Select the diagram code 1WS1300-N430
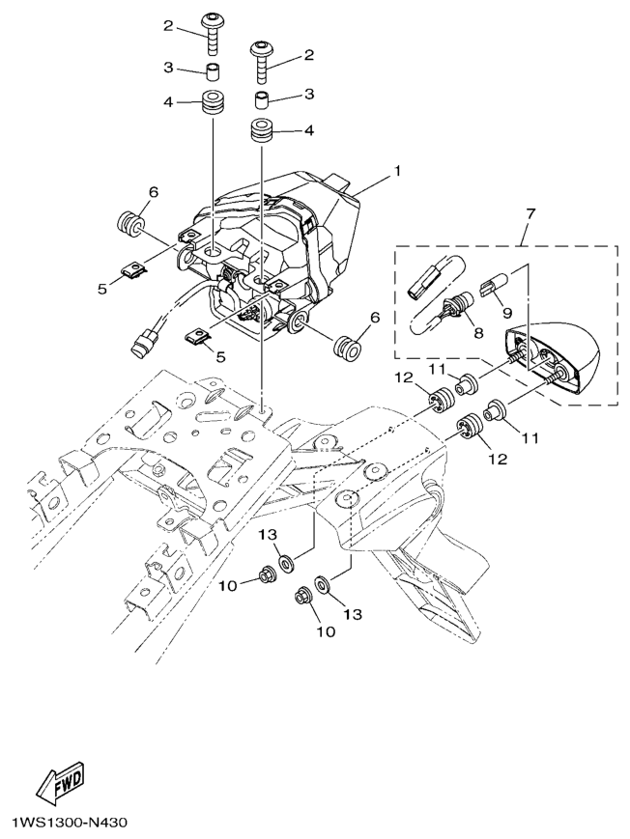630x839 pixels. point(69,824)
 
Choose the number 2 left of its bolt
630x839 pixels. point(167,26)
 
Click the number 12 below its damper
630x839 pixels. point(496,461)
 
